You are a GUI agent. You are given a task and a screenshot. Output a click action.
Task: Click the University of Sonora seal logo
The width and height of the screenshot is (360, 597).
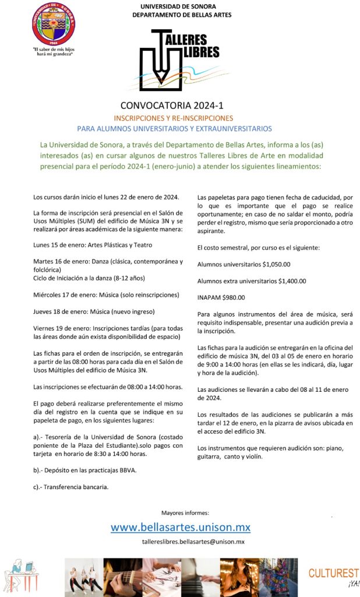coord(53,23)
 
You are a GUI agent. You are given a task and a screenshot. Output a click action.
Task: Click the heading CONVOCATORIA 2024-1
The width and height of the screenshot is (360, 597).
coord(180,106)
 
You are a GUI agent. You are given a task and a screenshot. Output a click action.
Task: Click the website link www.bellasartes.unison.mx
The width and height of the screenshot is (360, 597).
coord(181,528)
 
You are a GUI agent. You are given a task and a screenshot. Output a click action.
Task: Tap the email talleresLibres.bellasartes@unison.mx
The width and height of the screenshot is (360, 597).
coord(193,542)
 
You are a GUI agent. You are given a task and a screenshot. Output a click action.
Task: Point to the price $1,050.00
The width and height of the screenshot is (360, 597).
coord(276,264)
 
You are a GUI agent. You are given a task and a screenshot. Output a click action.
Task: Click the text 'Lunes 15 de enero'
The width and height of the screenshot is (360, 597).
coord(59,245)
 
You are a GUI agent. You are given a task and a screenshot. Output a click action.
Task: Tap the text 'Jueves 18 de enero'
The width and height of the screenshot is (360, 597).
coord(61,311)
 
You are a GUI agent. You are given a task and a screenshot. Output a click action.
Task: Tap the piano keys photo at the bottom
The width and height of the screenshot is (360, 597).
coord(200,576)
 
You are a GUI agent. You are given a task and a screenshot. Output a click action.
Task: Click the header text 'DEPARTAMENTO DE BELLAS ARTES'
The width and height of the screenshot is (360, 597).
coord(181,15)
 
